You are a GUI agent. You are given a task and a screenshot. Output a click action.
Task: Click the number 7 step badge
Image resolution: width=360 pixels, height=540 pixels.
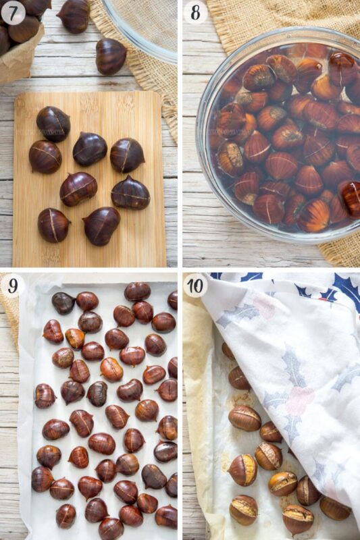pos(13,13)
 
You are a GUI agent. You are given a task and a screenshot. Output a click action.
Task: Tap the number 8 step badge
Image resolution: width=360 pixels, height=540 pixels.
pos(195,13)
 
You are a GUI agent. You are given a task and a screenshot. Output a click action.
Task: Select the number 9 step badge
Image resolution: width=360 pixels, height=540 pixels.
pos(13,286)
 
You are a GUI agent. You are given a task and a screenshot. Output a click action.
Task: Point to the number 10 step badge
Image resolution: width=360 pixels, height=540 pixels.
pos(195,286)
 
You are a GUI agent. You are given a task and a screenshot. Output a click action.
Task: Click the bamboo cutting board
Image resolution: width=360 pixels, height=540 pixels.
pos(89,179)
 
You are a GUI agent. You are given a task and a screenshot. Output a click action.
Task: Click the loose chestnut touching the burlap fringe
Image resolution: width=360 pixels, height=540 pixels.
pos(111,56)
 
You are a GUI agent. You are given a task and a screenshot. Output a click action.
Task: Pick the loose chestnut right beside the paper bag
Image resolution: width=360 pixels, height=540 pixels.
pos(74,16)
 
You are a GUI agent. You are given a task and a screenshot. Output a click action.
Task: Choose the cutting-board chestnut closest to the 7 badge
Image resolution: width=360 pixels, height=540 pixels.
pos(53,124)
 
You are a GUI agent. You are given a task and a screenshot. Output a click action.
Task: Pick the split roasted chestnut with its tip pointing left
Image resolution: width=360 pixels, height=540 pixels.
pos(243,470)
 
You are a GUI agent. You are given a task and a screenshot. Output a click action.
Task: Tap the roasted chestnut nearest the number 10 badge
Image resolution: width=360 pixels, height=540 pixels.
pos(228,351)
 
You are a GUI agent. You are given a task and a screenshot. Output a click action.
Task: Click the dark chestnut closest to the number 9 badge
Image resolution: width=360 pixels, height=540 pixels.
pos(63,303)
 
